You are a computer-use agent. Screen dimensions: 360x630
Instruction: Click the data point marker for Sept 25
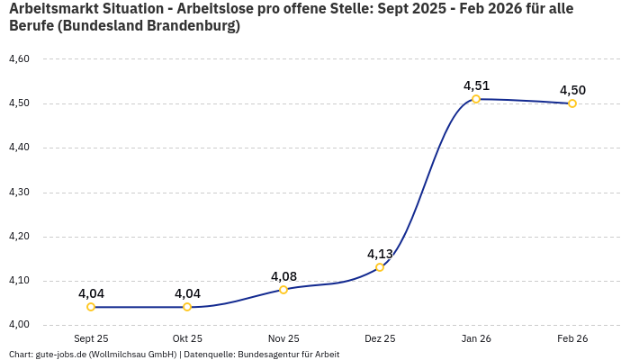91,307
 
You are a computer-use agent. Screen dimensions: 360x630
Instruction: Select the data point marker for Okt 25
187,307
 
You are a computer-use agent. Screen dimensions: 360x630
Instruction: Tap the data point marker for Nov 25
283,289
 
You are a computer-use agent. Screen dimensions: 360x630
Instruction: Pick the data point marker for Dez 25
380,267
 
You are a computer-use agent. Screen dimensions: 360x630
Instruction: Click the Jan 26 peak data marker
476,99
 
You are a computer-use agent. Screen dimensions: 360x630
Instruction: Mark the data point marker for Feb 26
572,103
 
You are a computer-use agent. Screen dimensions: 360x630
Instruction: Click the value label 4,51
476,85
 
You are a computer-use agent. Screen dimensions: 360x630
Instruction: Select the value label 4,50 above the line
572,90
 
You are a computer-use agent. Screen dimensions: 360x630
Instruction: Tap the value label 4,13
380,254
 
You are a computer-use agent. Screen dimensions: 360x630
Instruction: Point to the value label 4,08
283,276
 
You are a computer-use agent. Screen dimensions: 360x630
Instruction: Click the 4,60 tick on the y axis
19,59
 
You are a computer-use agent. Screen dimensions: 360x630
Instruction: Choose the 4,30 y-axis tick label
19,193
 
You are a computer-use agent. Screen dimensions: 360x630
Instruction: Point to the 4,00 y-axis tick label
19,325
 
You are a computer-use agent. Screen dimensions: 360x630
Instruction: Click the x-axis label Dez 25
380,339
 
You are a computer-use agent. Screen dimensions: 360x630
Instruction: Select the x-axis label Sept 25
91,339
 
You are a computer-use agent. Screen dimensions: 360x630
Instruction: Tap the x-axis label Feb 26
572,339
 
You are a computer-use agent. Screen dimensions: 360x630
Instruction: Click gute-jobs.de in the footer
61,355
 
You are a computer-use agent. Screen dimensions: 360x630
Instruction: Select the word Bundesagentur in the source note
265,355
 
